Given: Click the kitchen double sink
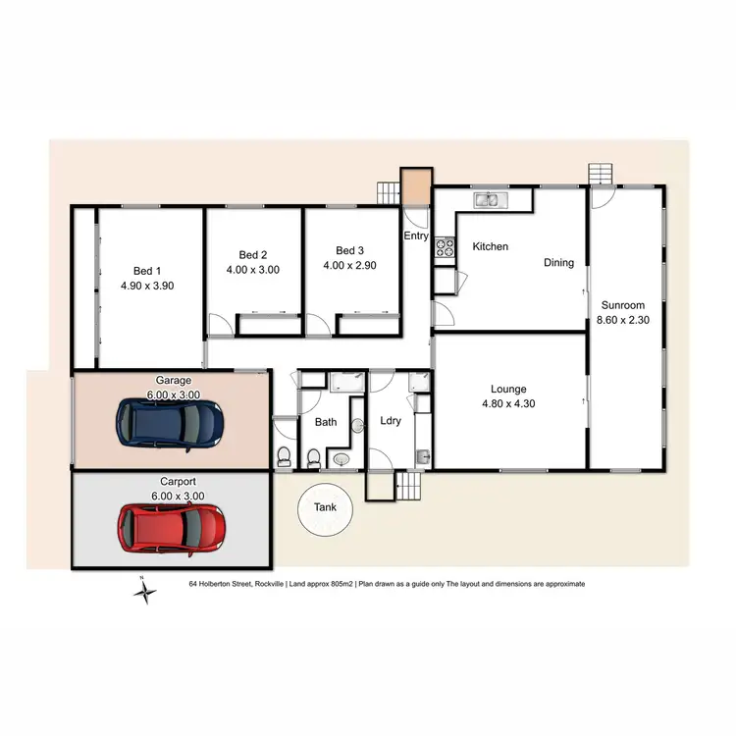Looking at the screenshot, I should [x=488, y=201].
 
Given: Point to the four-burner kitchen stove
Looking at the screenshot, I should [x=447, y=248].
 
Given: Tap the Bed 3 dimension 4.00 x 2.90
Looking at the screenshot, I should [x=350, y=265].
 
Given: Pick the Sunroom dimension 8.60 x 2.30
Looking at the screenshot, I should [x=624, y=320].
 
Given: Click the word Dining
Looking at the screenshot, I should [x=559, y=263].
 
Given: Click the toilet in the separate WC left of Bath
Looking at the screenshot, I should [x=285, y=455].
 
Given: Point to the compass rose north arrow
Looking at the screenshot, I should [x=145, y=589].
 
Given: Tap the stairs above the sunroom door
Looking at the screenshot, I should [x=600, y=174].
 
